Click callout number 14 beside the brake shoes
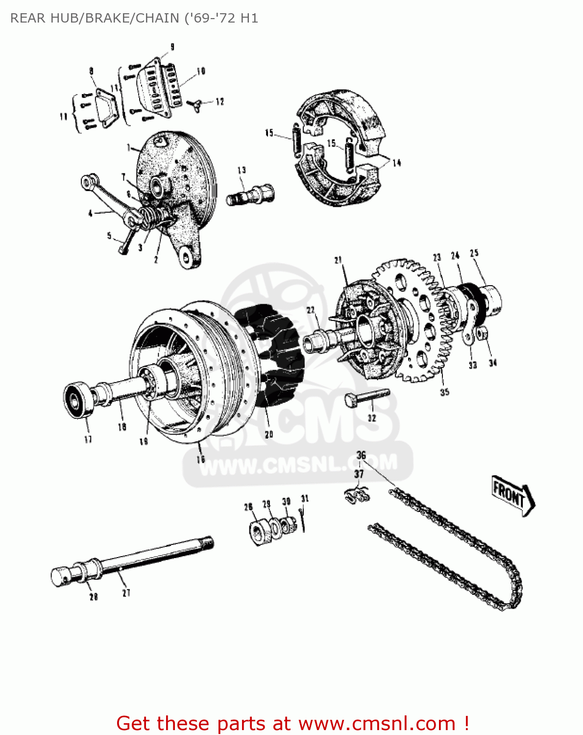(396, 163)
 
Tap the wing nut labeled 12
(197, 104)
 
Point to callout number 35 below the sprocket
(444, 392)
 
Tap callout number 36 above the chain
(361, 455)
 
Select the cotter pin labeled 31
(303, 519)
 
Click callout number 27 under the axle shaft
(126, 593)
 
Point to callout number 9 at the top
(172, 47)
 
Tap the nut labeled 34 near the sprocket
(482, 335)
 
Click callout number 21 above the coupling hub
(338, 260)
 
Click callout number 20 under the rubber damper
(268, 435)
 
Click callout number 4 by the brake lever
(90, 213)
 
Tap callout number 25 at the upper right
(474, 253)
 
